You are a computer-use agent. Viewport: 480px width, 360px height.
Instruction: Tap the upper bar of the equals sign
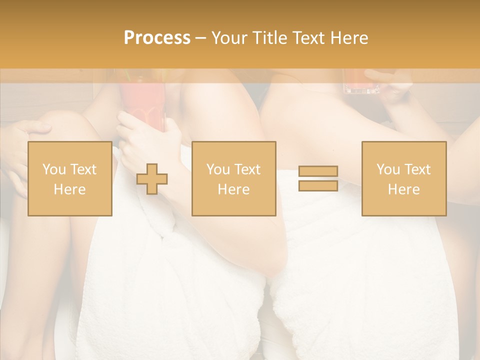coord(318,171)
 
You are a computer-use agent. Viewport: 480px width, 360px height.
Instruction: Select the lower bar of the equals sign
coord(318,185)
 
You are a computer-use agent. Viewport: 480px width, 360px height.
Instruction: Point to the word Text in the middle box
coord(247,169)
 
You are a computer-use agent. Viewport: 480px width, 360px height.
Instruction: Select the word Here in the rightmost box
coord(403,189)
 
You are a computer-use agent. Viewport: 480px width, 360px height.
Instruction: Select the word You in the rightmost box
coord(387,169)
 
